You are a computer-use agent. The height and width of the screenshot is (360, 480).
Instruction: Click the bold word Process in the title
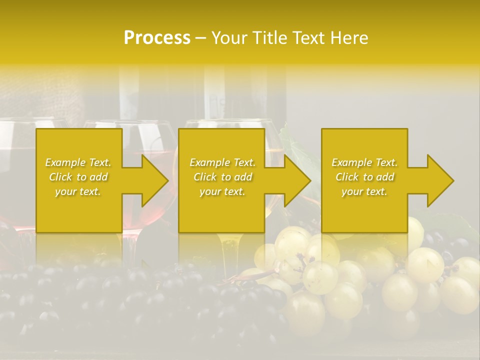157,38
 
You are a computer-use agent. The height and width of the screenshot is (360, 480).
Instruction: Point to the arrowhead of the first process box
153,180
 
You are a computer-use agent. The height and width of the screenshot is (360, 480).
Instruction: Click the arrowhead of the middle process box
296,180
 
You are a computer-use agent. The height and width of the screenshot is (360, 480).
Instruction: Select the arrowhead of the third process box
439,180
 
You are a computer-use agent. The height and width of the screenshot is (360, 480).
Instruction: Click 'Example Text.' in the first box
78,162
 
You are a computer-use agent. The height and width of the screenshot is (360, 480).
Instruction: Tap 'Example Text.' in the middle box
222,162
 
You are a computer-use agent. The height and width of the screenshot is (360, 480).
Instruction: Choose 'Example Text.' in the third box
364,162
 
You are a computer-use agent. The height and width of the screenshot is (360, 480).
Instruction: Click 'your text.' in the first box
78,191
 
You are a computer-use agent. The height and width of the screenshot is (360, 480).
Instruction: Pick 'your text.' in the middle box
222,191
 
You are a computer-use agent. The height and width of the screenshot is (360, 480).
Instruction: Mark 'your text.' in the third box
364,191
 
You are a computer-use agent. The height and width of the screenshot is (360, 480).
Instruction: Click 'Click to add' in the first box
78,177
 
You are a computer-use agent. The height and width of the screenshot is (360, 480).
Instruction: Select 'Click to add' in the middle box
222,177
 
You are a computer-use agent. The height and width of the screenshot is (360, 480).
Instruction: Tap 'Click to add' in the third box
364,177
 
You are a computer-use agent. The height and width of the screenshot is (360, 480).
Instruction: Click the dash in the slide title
200,38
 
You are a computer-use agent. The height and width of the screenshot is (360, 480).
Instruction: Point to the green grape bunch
350,280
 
